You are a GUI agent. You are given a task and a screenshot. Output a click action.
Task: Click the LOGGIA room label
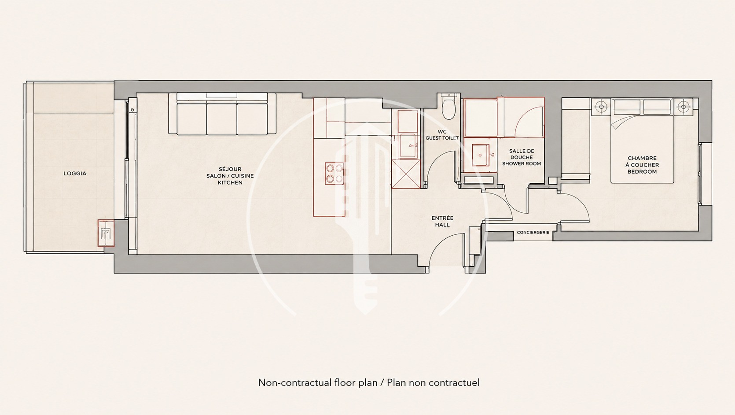[x=75, y=173]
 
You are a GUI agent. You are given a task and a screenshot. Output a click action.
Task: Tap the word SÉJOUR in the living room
[x=230, y=169]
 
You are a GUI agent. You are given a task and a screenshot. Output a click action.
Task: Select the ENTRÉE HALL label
[x=442, y=221]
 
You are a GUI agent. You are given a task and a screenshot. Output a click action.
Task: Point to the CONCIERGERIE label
[x=533, y=233]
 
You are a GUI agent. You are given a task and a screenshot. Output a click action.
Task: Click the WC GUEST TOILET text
[x=442, y=135]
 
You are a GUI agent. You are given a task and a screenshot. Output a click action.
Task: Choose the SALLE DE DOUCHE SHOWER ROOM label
[x=522, y=157]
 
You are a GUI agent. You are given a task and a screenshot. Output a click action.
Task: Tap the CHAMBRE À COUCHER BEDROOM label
[x=642, y=165]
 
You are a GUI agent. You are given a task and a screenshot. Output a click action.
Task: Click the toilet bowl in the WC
[x=448, y=107]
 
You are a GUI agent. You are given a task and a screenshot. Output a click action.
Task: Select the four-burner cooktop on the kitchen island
[x=334, y=173]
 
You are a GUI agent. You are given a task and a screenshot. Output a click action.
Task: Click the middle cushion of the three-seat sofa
[x=222, y=118]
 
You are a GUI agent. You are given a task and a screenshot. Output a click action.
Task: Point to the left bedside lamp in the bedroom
[x=601, y=107]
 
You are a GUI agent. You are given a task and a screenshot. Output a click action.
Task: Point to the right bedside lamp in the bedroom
[x=683, y=107]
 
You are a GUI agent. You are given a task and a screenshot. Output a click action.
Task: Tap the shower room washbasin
[x=480, y=155]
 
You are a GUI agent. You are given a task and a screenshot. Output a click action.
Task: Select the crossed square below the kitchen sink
[x=406, y=174]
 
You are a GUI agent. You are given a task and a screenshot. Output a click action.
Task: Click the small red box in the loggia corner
[x=106, y=233]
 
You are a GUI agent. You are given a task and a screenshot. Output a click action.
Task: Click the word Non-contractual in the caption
[x=294, y=382]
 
